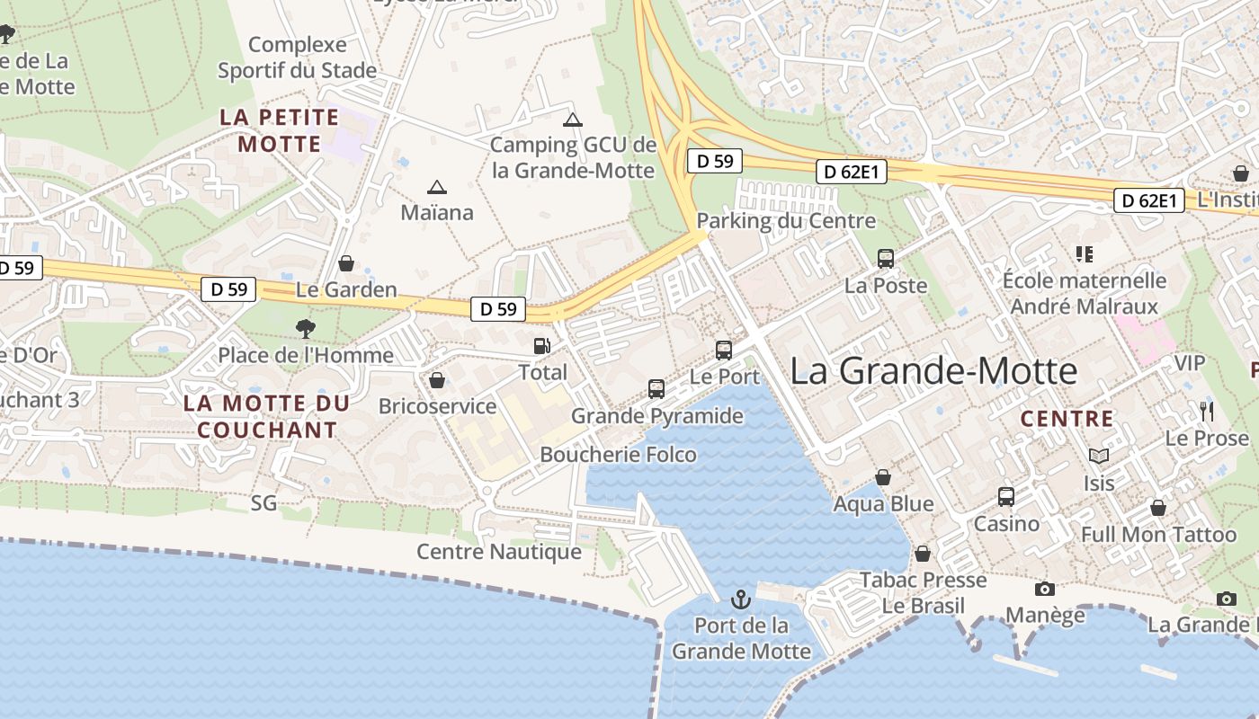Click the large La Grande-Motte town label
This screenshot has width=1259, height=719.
[x=933, y=371]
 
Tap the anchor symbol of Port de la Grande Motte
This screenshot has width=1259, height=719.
[x=740, y=599]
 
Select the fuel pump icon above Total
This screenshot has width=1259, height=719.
[x=542, y=346]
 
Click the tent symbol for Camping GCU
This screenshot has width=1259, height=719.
[x=573, y=120]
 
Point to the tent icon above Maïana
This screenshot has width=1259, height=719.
[x=437, y=187]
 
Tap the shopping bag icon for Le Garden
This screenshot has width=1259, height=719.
[x=346, y=263]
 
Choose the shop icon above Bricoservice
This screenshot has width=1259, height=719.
[x=437, y=380]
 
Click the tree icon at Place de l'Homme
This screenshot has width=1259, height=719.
[x=306, y=329]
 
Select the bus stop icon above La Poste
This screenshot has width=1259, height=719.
[x=886, y=259]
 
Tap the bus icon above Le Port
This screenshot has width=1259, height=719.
[x=724, y=351]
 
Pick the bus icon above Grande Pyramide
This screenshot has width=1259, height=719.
[x=656, y=389]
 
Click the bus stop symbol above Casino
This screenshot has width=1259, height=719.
[x=1006, y=497]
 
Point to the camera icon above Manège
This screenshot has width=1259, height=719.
[x=1045, y=589]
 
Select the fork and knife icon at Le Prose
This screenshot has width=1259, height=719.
[x=1207, y=412]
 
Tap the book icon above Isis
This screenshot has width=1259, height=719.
[x=1098, y=456]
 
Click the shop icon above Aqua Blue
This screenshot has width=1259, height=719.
[x=883, y=477]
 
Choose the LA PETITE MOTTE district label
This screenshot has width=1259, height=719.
[x=280, y=130]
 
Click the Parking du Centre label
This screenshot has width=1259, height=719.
[x=786, y=221]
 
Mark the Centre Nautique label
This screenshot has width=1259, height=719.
[x=499, y=551]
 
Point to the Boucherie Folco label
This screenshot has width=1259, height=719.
[x=618, y=455]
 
